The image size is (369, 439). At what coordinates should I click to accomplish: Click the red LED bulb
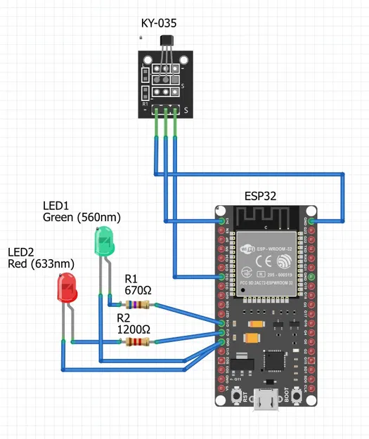click(x=67, y=288)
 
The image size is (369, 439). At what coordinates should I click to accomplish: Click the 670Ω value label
click(x=138, y=289)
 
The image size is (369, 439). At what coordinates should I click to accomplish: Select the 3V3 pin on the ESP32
click(x=222, y=221)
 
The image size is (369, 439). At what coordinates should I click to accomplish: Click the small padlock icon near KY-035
click(x=141, y=36)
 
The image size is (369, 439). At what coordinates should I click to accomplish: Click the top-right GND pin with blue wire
click(x=310, y=221)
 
